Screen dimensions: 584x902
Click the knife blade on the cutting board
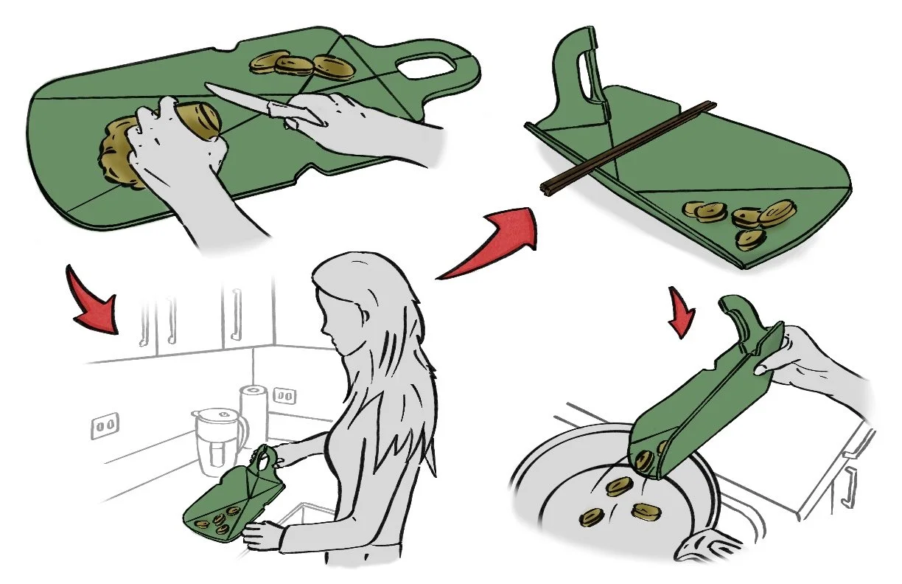pos(236,97)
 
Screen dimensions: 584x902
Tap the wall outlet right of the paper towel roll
pos(285,395)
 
